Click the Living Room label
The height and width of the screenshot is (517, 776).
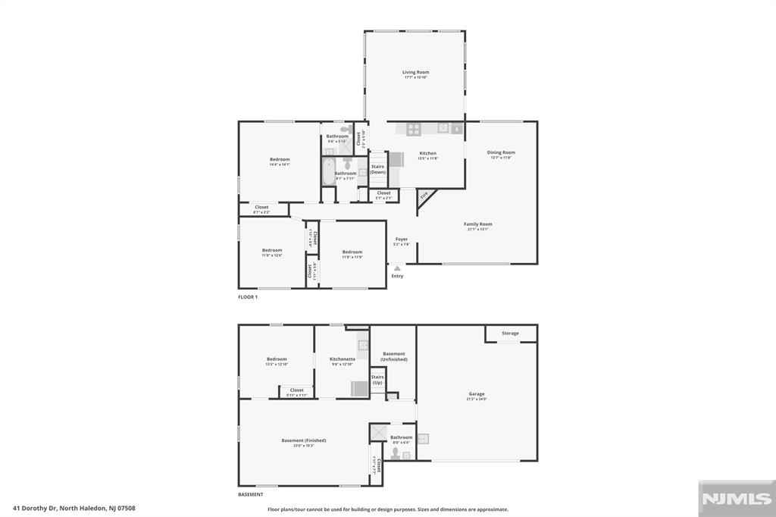tap(415, 73)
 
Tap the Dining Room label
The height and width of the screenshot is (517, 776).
tap(501, 152)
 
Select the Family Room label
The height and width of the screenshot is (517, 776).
tap(478, 224)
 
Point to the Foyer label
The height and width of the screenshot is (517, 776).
tap(402, 240)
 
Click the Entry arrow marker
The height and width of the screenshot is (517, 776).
tap(397, 268)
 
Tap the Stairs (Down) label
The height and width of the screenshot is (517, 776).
tap(377, 169)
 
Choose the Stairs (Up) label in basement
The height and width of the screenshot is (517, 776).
tap(377, 379)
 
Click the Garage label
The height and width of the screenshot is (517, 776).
tap(476, 395)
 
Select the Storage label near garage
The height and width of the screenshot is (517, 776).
tap(510, 333)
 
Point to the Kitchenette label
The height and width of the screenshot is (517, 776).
tap(343, 359)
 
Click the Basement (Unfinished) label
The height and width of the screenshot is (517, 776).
tap(394, 356)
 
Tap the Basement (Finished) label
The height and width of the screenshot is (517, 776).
tap(303, 440)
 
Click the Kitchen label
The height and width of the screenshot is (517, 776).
tap(428, 153)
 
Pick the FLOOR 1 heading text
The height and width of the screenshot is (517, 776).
tap(248, 297)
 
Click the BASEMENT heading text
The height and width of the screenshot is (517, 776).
tap(251, 494)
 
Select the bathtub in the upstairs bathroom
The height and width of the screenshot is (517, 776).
tap(328, 173)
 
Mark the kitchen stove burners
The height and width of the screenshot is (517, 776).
tap(413, 130)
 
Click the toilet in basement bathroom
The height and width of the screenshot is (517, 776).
tap(395, 453)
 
